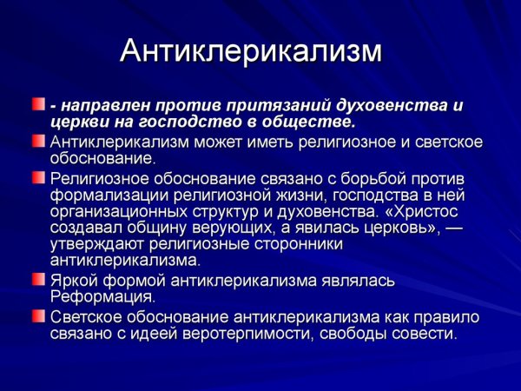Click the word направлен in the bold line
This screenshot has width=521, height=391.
pyautogui.click(x=101, y=105)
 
